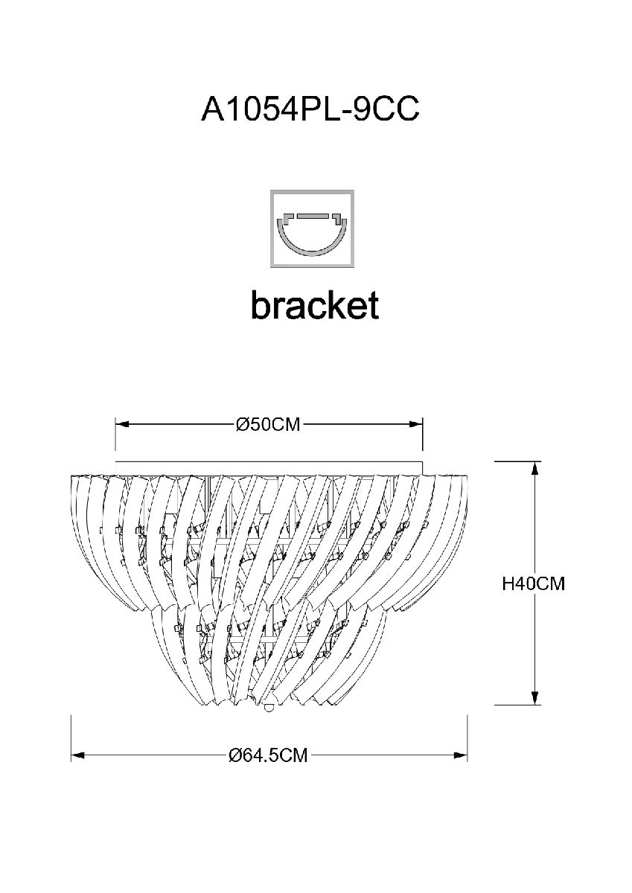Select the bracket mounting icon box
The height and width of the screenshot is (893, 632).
311,228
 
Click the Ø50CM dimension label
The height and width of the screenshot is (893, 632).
268,425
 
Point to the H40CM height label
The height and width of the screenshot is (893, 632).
533,584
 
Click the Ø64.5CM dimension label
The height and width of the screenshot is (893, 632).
269,756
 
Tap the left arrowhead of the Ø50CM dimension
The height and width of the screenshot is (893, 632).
121,425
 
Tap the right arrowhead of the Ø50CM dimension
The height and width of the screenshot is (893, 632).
417,425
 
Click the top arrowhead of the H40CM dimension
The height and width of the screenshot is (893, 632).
534,467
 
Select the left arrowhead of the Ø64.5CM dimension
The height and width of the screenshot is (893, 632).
77,756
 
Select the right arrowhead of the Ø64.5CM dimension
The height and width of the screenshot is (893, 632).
461,756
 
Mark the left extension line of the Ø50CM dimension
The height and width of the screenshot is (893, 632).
115,435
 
